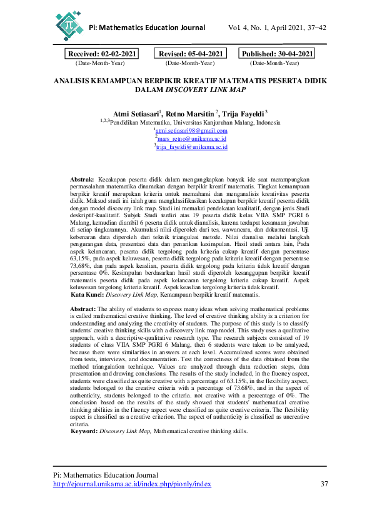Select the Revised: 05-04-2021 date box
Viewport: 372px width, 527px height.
pyautogui.click(x=190, y=54)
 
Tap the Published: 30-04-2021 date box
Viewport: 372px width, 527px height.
pyautogui.click(x=277, y=54)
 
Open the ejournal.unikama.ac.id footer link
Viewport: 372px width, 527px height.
pyautogui.click(x=132, y=484)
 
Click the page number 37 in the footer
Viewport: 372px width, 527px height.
pyautogui.click(x=324, y=484)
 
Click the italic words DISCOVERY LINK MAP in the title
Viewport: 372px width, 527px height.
pyautogui.click(x=205, y=90)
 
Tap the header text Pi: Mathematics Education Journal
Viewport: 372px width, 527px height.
pyautogui.click(x=148, y=28)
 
